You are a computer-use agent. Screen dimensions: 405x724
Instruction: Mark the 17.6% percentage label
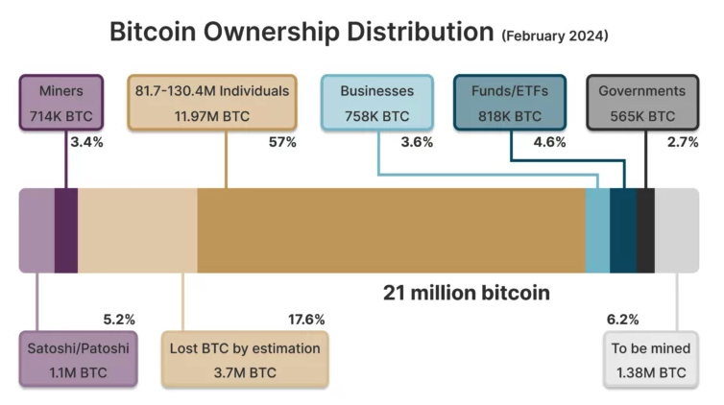coord(306,319)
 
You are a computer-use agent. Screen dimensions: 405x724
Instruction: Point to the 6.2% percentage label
coord(622,319)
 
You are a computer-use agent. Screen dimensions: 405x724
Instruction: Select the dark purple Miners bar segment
coord(66,230)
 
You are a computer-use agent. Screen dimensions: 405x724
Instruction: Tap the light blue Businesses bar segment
coord(597,230)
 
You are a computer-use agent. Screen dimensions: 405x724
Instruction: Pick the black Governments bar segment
coord(645,230)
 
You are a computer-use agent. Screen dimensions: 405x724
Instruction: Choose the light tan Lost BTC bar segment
coord(137,230)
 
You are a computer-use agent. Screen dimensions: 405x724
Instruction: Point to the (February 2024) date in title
coord(554,36)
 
